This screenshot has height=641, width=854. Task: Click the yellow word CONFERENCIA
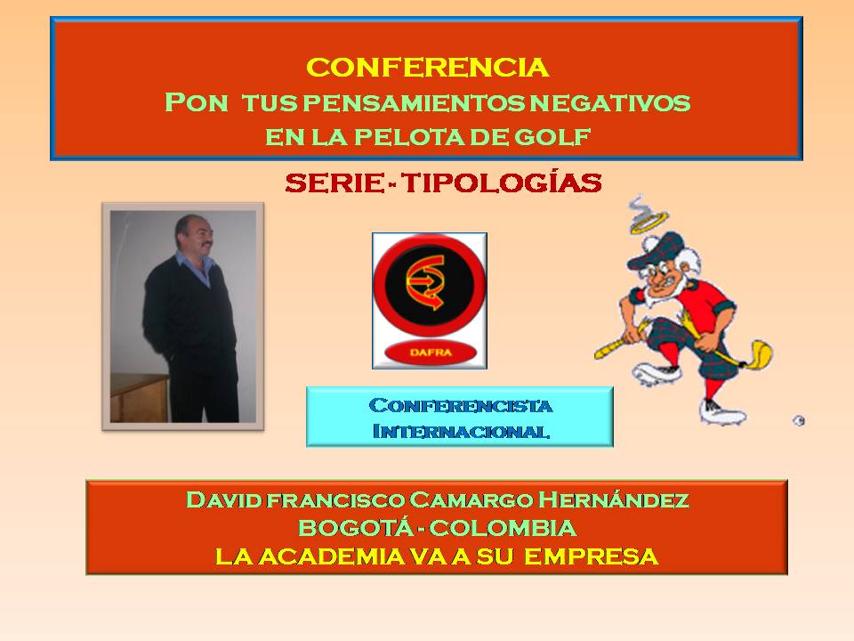coord(428,68)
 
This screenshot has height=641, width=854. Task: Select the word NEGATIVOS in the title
coord(610,102)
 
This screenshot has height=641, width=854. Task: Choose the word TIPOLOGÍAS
coord(502,183)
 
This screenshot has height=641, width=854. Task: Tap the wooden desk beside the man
coord(139,397)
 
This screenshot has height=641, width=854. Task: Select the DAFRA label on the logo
coord(431,353)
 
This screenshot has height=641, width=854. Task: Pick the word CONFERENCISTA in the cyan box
coord(460,406)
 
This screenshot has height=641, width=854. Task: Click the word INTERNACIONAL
coord(461,431)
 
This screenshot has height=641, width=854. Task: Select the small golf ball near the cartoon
coord(799,421)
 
